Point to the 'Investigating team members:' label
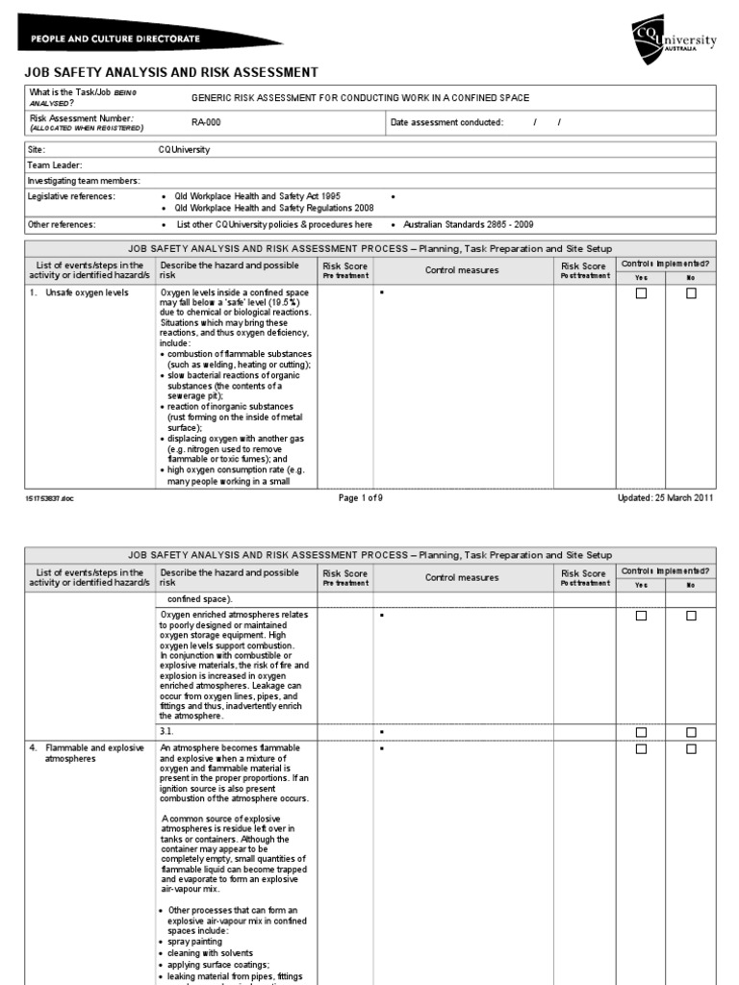pos(84,181)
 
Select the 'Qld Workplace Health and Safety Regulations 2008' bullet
pos(273,208)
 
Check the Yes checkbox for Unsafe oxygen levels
pos(641,293)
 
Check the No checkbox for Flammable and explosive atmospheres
pos(691,748)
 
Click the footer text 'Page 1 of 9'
pos(362,497)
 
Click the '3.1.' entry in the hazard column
pos(168,731)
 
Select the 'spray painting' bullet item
pos(196,942)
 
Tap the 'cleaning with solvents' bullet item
pos(208,953)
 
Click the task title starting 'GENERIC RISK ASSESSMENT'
pos(361,98)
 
